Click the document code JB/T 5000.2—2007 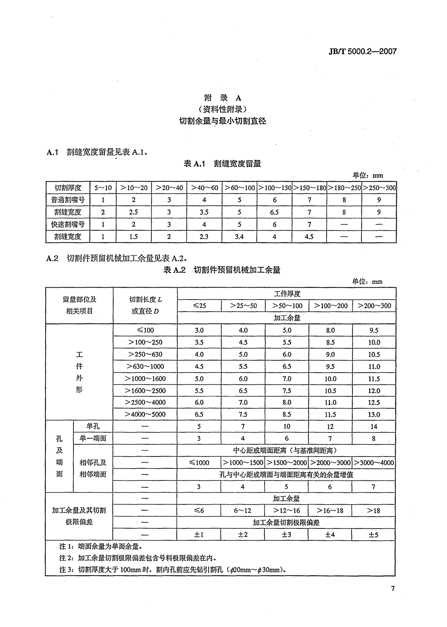[x=362, y=51]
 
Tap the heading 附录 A [x=223, y=98]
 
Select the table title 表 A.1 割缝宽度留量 [x=222, y=163]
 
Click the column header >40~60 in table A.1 [x=204, y=188]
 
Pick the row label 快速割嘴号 [x=68, y=224]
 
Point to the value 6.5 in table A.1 [x=275, y=212]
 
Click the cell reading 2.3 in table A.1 [x=204, y=237]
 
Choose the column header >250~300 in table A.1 [x=379, y=188]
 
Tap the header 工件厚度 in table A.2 [x=287, y=294]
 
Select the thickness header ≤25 [x=199, y=306]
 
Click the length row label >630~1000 [x=145, y=367]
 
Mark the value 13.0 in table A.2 [x=374, y=415]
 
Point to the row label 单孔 [x=93, y=426]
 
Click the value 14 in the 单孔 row [x=374, y=426]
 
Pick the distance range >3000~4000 [x=374, y=463]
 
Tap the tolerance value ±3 [x=286, y=535]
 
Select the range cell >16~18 [x=330, y=511]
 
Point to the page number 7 [x=393, y=588]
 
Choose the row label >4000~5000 [x=145, y=415]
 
